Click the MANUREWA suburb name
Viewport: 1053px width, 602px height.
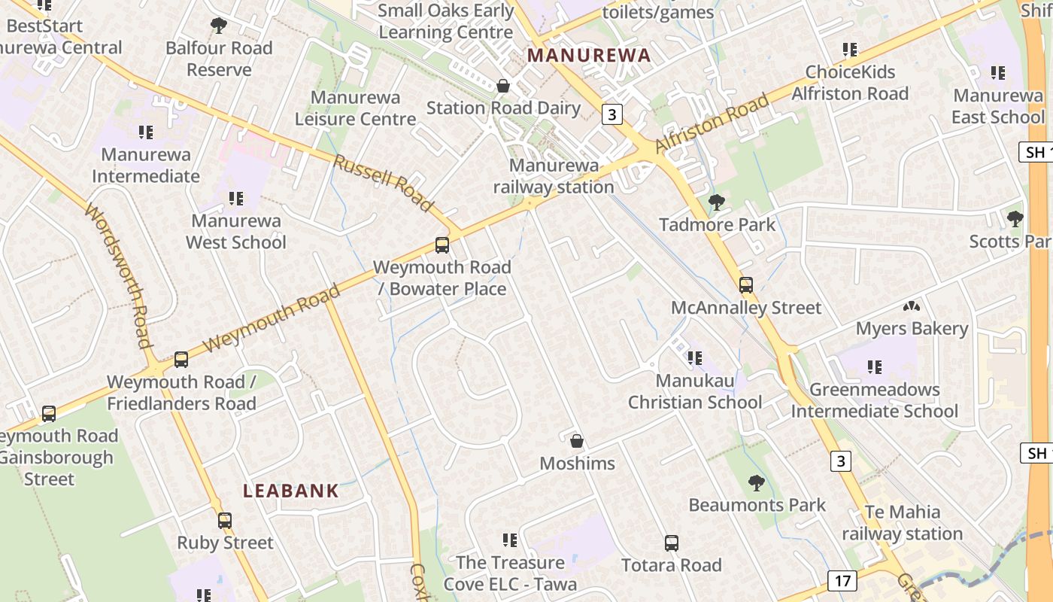point(589,55)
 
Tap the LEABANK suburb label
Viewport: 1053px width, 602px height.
point(291,491)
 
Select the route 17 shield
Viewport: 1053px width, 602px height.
point(842,580)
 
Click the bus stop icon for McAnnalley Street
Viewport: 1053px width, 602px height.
point(746,285)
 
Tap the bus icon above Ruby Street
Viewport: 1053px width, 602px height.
point(225,520)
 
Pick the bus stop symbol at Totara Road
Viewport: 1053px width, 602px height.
point(672,543)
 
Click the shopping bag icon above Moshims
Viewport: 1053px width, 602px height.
point(577,440)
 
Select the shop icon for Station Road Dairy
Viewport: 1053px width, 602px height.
point(503,86)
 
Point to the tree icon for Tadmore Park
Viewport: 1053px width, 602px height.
point(717,202)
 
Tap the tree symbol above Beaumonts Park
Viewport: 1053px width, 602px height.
point(757,482)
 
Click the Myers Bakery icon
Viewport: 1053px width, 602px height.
point(912,306)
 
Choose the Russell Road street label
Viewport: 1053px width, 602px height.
point(384,183)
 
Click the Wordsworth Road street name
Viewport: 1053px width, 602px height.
point(120,276)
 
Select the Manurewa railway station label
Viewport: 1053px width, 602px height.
point(554,176)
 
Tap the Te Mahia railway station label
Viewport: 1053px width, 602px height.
point(902,523)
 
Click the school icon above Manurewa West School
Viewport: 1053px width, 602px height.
point(236,199)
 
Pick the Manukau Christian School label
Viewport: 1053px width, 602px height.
point(695,391)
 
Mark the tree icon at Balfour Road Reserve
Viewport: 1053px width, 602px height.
point(219,26)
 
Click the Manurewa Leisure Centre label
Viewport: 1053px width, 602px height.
point(355,108)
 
